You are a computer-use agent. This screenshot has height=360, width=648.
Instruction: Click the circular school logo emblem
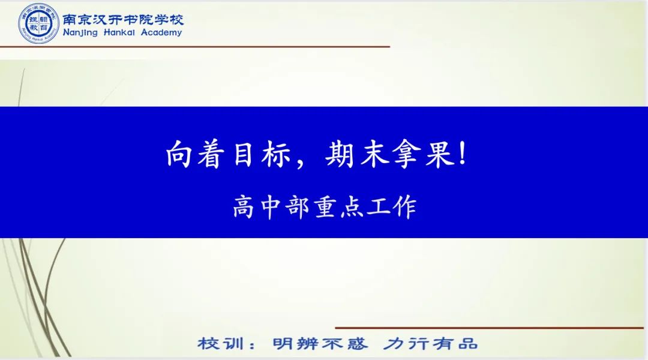pyautogui.click(x=39, y=23)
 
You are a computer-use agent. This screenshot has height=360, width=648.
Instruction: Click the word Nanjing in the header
pyautogui.click(x=80, y=32)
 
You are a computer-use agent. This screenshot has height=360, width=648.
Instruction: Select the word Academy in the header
pyautogui.click(x=161, y=32)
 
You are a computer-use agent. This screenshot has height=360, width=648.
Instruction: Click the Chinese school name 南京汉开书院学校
pyautogui.click(x=123, y=19)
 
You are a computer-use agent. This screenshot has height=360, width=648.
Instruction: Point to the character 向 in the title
pyautogui.click(x=179, y=154)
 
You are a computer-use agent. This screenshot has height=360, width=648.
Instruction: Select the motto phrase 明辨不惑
pyautogui.click(x=320, y=343)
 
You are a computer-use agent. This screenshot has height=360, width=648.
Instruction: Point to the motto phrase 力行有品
pyautogui.click(x=430, y=343)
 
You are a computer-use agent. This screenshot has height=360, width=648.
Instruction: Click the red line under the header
pyautogui.click(x=195, y=47)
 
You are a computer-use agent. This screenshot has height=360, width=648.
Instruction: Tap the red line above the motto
pyautogui.click(x=490, y=328)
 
